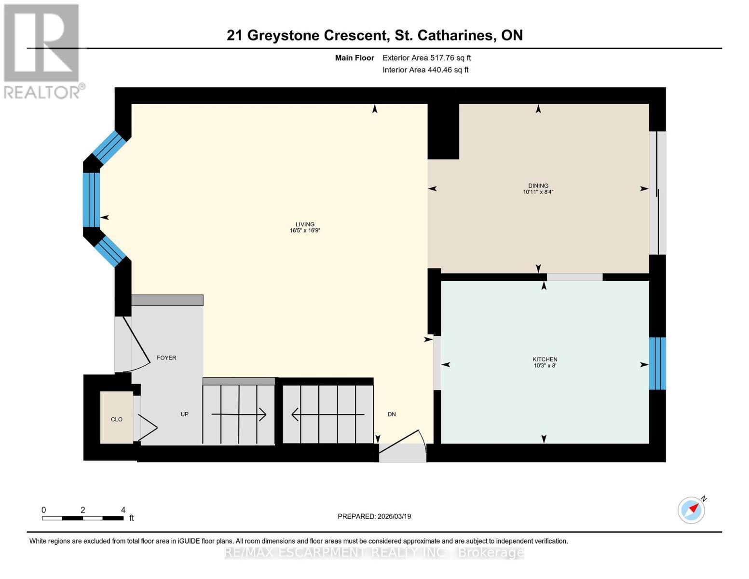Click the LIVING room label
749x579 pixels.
point(305,224)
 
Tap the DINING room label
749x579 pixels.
point(538,186)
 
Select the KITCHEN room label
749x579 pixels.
point(545,359)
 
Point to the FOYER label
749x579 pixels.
point(166,358)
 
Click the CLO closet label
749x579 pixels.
point(117,419)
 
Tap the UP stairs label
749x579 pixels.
point(184,414)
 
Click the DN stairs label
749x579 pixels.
point(392,414)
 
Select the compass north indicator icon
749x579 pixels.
point(692,510)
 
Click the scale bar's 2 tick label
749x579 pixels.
point(83,510)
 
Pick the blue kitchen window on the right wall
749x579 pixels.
point(657,363)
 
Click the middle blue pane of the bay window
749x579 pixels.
point(91,200)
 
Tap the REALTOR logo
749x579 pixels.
point(42,51)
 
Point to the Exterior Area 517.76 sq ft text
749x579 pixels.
point(426,58)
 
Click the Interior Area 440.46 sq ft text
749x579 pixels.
point(425,70)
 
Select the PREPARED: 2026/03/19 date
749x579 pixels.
point(374,516)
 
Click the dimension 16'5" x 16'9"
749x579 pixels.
point(305,231)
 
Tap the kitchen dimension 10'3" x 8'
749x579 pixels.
point(545,366)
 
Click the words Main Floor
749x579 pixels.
point(354,58)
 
